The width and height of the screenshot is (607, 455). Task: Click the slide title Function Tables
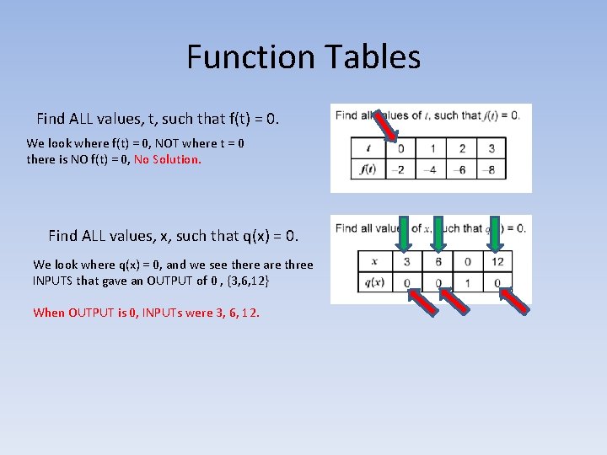click(x=303, y=57)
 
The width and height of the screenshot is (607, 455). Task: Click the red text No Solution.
click(x=168, y=159)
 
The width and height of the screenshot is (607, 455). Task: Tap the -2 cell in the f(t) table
click(x=400, y=169)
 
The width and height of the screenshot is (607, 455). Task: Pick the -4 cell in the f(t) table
click(x=432, y=169)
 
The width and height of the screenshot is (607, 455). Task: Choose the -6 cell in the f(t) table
click(x=462, y=169)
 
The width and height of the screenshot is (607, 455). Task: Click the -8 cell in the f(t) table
click(x=492, y=169)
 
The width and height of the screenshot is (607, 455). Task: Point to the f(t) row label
click(x=368, y=169)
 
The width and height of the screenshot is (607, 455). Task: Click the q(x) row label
click(x=373, y=283)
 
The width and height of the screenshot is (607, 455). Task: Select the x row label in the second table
click(x=373, y=261)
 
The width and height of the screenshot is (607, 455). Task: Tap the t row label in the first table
click(x=368, y=148)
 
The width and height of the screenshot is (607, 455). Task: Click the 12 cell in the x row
click(x=497, y=261)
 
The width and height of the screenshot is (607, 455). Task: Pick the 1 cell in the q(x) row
click(x=468, y=283)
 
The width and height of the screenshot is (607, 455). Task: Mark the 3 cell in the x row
click(x=406, y=261)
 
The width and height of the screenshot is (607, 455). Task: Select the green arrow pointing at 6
click(x=438, y=235)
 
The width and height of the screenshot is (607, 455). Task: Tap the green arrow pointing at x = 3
click(x=406, y=235)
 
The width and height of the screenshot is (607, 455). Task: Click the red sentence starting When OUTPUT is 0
click(x=146, y=313)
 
